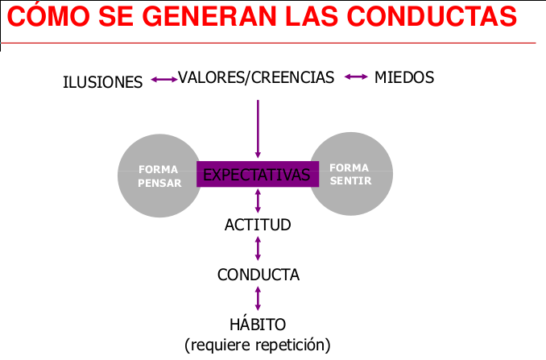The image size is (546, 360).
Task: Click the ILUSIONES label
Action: pos(103,81)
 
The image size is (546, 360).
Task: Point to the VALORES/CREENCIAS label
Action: pos(256,77)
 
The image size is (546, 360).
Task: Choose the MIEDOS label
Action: pos(404,77)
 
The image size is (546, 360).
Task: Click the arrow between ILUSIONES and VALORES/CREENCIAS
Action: pos(163,79)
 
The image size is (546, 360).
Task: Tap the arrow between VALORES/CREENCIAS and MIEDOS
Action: pos(355,77)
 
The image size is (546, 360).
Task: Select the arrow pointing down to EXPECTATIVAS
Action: pos(258,129)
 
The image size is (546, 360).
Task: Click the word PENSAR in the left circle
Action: pos(159,183)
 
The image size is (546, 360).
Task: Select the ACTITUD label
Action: pos(258,225)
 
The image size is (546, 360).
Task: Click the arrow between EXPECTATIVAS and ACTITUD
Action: pos(258,201)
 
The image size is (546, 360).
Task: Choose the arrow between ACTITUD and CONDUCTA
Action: pos(258,249)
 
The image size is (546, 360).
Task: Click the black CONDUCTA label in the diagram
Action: pos(259,275)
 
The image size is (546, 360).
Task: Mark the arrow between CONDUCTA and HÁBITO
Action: pos(258,298)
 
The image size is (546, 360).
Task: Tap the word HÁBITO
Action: pos(258,325)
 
